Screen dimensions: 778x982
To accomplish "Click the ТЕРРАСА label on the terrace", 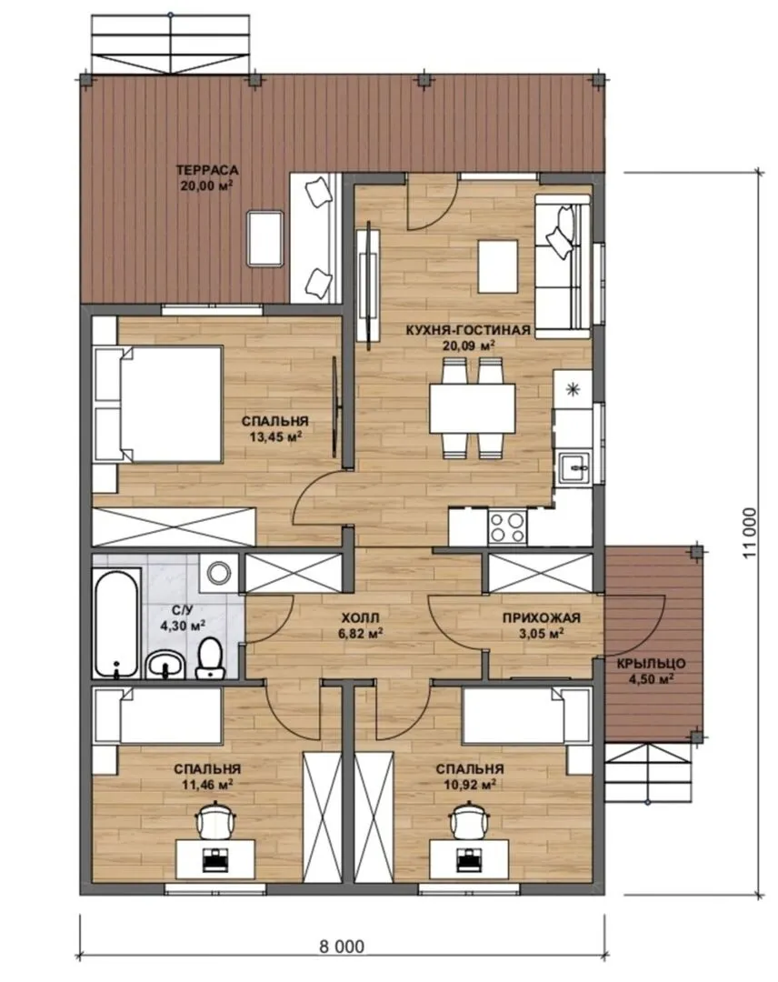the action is (206, 170).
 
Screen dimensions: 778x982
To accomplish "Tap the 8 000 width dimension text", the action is (341, 946).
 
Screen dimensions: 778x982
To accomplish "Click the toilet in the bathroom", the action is (210, 658).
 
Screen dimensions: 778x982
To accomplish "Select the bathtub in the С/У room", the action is (116, 623).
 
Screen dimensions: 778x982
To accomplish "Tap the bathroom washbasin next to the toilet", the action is (165, 665).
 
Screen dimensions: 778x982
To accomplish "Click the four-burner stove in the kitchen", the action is (507, 526).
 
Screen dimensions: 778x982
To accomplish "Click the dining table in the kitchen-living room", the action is (473, 407).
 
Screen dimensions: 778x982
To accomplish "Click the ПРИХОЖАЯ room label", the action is (542, 617).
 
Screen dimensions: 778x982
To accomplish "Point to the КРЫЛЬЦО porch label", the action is (651, 664).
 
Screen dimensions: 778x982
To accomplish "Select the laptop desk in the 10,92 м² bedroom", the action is (469, 858).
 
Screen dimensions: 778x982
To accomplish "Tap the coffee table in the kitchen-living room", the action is (498, 266).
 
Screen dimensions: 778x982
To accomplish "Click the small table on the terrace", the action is (265, 239).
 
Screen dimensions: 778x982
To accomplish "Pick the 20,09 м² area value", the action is (469, 346).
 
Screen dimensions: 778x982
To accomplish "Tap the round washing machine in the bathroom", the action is (218, 573).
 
